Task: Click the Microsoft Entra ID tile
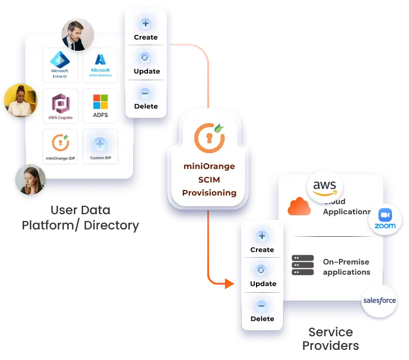coord(59,65)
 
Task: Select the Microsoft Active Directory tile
coord(100,65)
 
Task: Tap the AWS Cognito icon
coord(59,106)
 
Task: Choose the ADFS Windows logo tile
coord(100,106)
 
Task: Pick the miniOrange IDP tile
coord(59,146)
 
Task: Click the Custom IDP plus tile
coord(100,146)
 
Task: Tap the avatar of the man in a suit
coord(77,34)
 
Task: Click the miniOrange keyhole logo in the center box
coord(209,136)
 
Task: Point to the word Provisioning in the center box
coord(209,193)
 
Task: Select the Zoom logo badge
coord(385,220)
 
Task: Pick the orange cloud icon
coord(299,207)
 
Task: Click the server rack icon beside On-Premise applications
coord(303,266)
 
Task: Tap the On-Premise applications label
coord(346,267)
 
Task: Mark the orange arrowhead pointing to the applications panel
coord(228,283)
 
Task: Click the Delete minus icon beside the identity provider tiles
coord(146,93)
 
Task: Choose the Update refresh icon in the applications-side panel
coord(261,270)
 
